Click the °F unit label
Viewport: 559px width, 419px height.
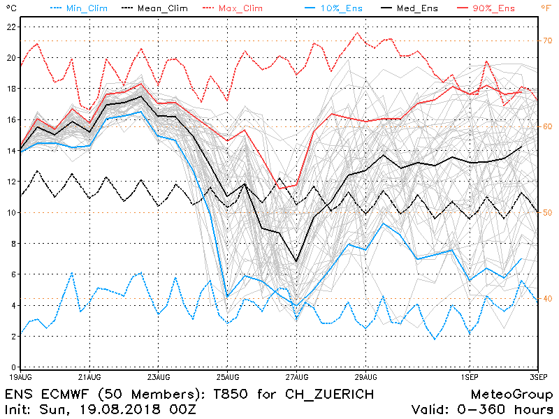coord(546,8)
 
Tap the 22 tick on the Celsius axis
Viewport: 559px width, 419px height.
coord(11,27)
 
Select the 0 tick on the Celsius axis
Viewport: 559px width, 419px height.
coord(14,367)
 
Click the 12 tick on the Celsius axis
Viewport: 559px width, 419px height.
coord(11,182)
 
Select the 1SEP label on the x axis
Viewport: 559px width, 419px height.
coord(468,375)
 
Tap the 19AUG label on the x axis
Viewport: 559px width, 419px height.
coord(21,375)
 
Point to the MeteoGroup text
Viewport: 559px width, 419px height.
coord(511,394)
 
